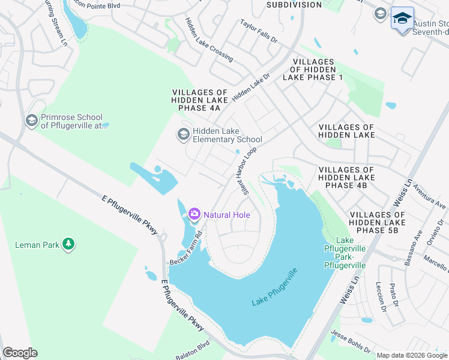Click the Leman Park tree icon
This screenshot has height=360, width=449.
(69, 244)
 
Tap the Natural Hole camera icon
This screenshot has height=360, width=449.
(194, 214)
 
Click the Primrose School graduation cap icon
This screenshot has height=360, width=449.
(31, 121)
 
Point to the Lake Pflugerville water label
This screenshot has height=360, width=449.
(274, 287)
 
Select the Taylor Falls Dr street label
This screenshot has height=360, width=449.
(259, 31)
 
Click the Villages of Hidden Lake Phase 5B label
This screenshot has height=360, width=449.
(377, 223)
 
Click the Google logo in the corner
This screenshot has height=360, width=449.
(20, 353)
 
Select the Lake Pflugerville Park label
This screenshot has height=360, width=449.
(344, 253)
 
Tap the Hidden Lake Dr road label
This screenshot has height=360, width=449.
(252, 86)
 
